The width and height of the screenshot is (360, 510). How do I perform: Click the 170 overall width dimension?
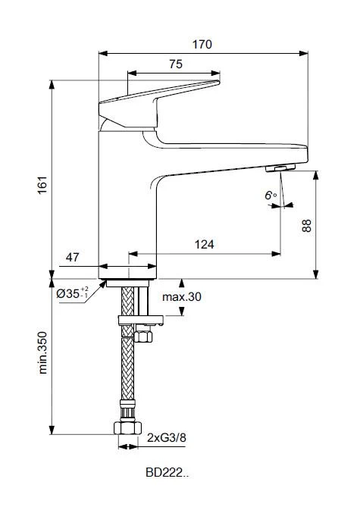pyautogui.click(x=202, y=45)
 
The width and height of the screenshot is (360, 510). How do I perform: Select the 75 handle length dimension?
pyautogui.click(x=175, y=66)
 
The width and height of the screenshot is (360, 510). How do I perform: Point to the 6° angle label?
pyautogui.click(x=269, y=196)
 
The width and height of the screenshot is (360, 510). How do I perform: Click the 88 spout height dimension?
pyautogui.click(x=306, y=225)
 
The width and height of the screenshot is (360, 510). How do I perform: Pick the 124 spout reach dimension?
pyautogui.click(x=204, y=244)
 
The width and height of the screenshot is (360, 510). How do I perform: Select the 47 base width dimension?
pyautogui.click(x=73, y=258)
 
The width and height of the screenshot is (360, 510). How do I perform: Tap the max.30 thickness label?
pyautogui.click(x=180, y=296)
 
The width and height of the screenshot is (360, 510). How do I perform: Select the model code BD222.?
pyautogui.click(x=167, y=474)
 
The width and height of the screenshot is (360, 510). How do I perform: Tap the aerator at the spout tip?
pyautogui.click(x=286, y=167)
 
